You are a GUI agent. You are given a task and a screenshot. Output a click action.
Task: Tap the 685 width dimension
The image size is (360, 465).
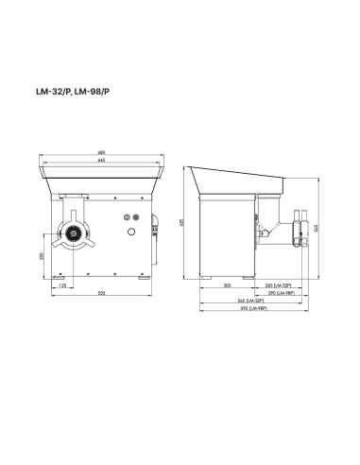click(x=100, y=152)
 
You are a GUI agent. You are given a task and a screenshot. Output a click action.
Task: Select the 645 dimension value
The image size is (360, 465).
click(x=100, y=159)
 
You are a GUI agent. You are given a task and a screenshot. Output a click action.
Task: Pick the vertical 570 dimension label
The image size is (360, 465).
click(x=181, y=222)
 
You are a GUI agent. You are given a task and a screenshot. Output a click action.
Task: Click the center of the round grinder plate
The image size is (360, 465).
click(x=72, y=233)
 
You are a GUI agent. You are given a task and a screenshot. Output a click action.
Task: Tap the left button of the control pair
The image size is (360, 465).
click(x=129, y=217)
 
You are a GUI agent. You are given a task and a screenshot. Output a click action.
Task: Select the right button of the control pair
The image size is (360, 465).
click(x=135, y=217)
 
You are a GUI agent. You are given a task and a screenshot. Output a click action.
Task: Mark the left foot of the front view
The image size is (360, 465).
click(x=62, y=276)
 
